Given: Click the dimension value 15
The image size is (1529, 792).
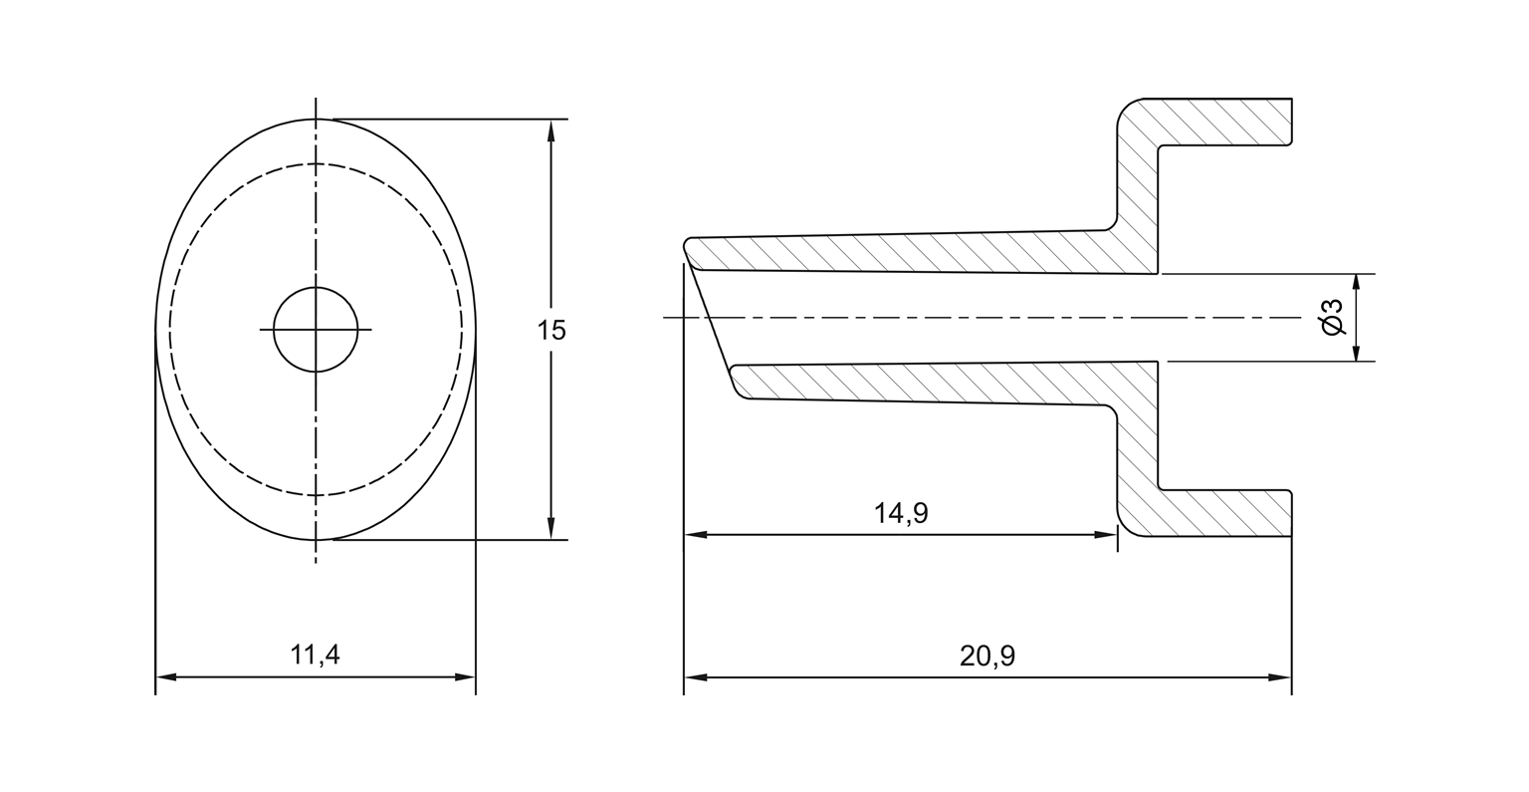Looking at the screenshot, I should pyautogui.click(x=551, y=330).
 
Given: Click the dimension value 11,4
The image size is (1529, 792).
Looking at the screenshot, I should pyautogui.click(x=315, y=655).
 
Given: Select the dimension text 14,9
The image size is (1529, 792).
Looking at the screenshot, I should pyautogui.click(x=901, y=513).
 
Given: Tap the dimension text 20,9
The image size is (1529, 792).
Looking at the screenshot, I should pyautogui.click(x=987, y=656).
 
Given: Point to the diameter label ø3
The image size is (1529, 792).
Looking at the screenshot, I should pyautogui.click(x=1333, y=317).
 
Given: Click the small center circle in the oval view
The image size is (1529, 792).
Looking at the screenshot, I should pyautogui.click(x=316, y=329).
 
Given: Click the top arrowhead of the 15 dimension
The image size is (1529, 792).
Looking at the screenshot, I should pyautogui.click(x=550, y=129).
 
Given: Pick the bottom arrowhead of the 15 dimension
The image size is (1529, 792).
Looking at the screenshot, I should pyautogui.click(x=550, y=530).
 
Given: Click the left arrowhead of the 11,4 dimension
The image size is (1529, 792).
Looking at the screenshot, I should pyautogui.click(x=166, y=677).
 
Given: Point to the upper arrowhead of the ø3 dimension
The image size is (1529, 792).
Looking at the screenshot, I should pyautogui.click(x=1356, y=283).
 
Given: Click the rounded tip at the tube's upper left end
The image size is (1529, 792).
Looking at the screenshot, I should pyautogui.click(x=689, y=244).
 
